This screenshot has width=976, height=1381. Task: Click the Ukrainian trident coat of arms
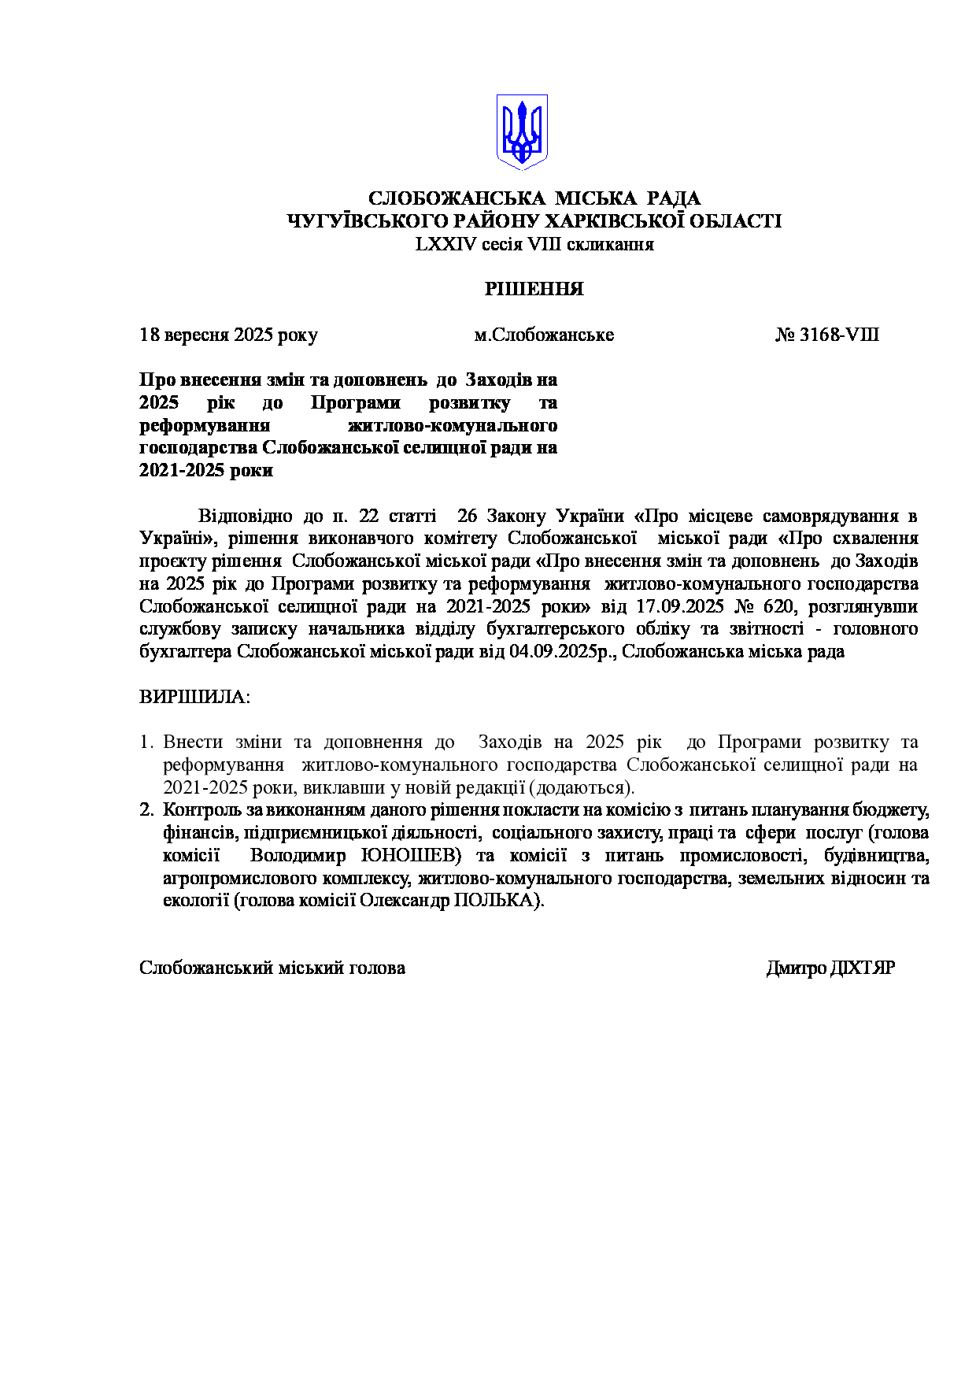pyautogui.click(x=521, y=131)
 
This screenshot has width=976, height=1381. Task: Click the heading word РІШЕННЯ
pyautogui.click(x=534, y=289)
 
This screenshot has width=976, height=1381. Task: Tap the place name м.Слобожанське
pyautogui.click(x=543, y=335)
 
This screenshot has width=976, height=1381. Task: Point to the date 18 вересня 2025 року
pyautogui.click(x=228, y=335)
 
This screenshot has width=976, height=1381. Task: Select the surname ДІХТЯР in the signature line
pyautogui.click(x=863, y=968)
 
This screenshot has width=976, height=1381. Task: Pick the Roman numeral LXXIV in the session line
pyautogui.click(x=445, y=244)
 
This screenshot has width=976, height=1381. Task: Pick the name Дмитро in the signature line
pyautogui.click(x=796, y=968)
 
